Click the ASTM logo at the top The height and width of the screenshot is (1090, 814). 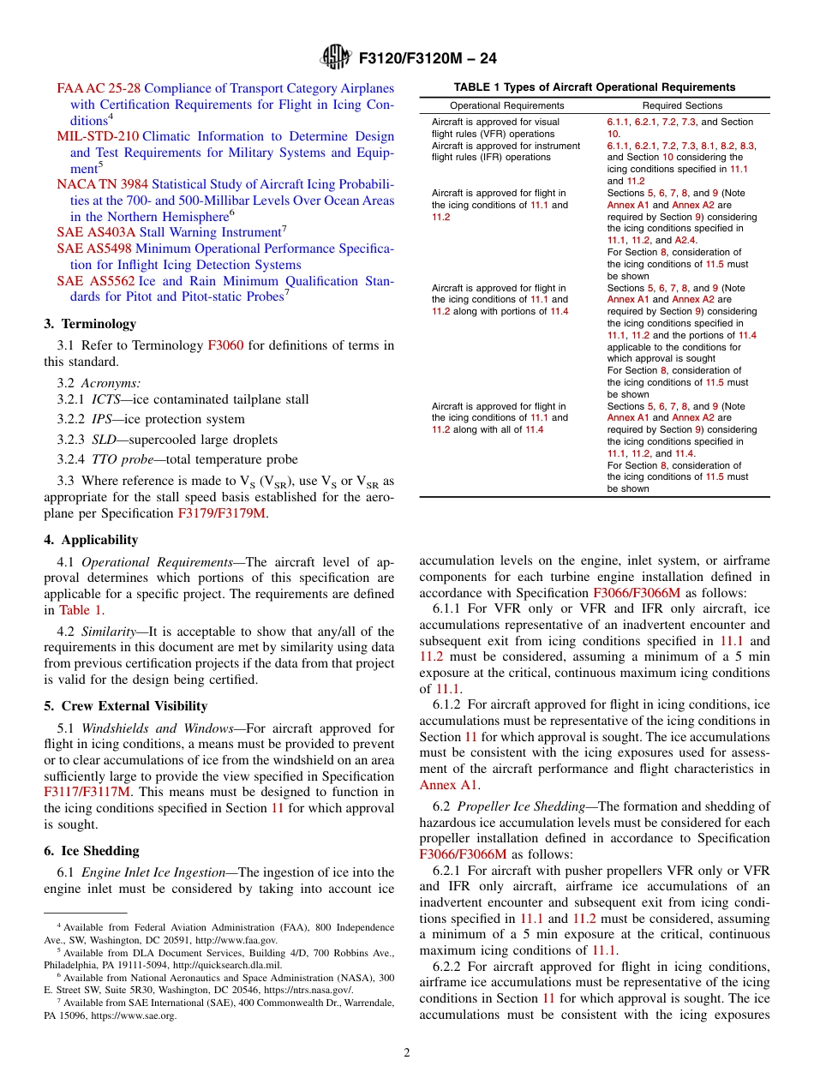(x=335, y=57)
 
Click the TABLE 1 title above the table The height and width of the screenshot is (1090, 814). (x=594, y=87)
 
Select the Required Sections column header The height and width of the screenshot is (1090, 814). (x=682, y=105)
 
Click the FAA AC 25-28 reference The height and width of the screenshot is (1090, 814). (x=99, y=88)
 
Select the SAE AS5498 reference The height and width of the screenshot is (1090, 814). (x=94, y=249)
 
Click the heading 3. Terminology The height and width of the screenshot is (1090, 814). (x=90, y=324)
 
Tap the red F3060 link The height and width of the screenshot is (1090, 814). (x=225, y=345)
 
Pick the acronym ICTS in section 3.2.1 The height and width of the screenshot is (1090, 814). (x=108, y=399)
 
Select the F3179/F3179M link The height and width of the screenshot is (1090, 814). (x=222, y=513)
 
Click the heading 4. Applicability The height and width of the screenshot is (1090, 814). (x=91, y=540)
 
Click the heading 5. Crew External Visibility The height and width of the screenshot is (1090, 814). (x=125, y=706)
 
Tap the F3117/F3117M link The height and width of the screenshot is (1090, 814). (x=87, y=792)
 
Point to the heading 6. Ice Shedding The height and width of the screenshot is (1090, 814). (x=91, y=851)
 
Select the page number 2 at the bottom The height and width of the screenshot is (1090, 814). (x=407, y=1053)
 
